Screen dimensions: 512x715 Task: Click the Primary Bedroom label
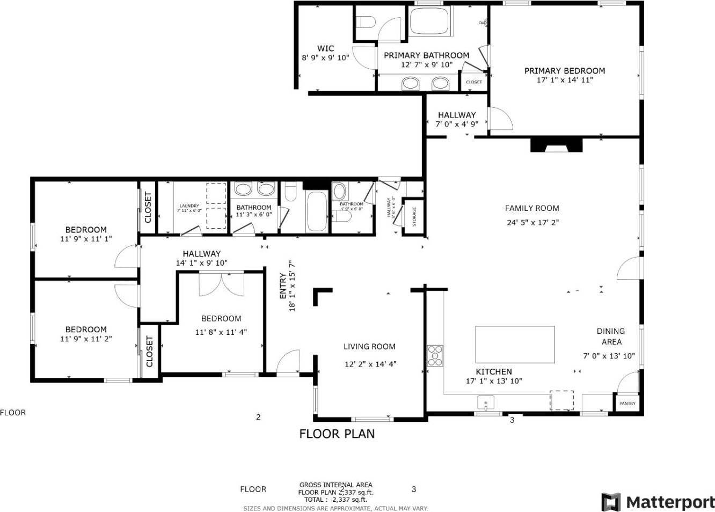564,71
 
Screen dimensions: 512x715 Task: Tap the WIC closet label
325,49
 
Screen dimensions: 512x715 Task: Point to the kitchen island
515,345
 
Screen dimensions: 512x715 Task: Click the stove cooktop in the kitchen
435,355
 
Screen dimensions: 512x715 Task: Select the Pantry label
627,404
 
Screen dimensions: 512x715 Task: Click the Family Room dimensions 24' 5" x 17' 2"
532,222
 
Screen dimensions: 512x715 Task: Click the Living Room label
369,347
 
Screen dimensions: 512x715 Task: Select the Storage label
414,217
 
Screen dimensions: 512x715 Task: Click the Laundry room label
189,206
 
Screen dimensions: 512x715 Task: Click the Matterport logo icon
611,502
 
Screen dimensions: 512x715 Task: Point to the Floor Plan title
337,434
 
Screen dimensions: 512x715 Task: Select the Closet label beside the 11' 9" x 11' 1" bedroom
148,208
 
